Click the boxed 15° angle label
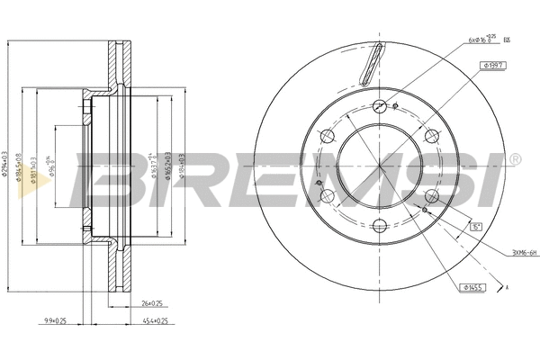(x=475, y=227)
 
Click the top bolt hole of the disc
(x=379, y=105)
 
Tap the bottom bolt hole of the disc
(x=379, y=226)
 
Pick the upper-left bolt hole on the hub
(x=328, y=136)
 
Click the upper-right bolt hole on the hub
(x=431, y=136)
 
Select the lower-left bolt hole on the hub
(x=328, y=195)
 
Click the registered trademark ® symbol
(x=515, y=159)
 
